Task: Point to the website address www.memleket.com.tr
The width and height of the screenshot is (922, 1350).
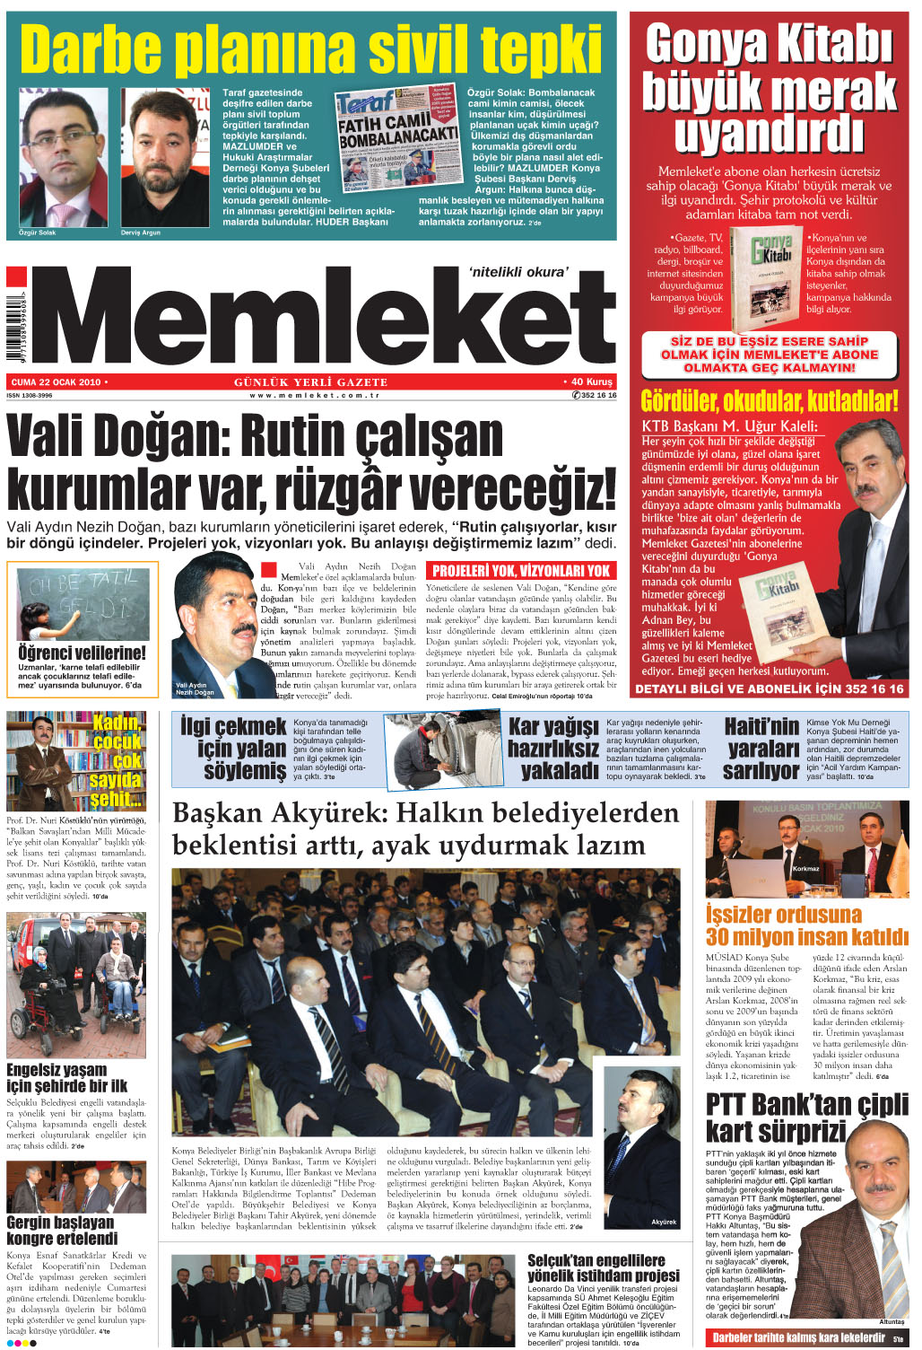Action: tap(315, 395)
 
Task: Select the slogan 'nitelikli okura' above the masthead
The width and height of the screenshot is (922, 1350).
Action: tap(518, 272)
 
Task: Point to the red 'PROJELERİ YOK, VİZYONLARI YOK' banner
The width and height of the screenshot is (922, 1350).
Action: tap(520, 571)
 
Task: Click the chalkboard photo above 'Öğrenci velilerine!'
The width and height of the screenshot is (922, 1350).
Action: tap(83, 604)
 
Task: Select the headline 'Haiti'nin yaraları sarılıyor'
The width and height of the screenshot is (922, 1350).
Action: tap(761, 748)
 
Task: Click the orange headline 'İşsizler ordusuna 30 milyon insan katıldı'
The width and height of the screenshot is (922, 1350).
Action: tap(806, 925)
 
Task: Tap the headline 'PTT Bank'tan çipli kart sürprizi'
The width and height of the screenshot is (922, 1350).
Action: tap(806, 1117)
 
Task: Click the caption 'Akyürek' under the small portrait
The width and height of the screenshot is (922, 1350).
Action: tap(664, 1223)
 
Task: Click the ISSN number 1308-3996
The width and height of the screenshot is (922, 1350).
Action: tap(30, 395)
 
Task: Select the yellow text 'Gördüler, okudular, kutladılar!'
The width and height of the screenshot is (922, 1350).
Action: tap(769, 400)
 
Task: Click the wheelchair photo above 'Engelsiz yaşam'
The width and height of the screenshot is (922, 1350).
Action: tap(76, 986)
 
